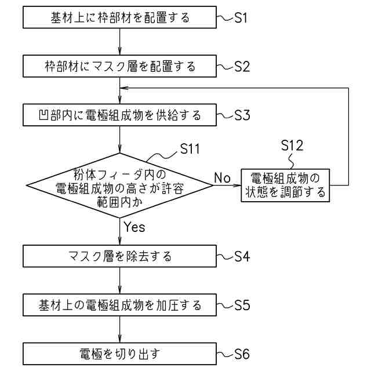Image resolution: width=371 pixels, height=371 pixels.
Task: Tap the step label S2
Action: pyautogui.click(x=242, y=66)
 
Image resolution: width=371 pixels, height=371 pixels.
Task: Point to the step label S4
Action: pyautogui.click(x=242, y=256)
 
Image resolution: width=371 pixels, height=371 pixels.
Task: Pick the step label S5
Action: pyautogui.click(x=242, y=305)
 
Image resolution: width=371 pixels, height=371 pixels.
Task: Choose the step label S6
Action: pyautogui.click(x=242, y=354)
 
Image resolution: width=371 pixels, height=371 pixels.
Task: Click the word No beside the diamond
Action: pyautogui.click(x=222, y=177)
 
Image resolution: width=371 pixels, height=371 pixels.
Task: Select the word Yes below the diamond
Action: pyautogui.click(x=134, y=227)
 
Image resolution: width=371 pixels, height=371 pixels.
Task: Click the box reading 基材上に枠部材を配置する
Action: pyautogui.click(x=119, y=18)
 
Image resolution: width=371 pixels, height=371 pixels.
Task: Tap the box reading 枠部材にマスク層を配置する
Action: pyautogui.click(x=119, y=67)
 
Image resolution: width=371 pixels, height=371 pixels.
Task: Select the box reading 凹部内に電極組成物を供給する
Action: pyautogui.click(x=119, y=115)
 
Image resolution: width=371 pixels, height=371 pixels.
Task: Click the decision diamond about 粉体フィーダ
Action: pyautogui.click(x=119, y=186)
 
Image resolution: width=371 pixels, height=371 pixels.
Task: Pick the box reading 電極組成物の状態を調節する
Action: pyautogui.click(x=285, y=185)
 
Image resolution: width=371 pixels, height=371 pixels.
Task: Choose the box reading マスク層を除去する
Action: pyautogui.click(x=119, y=256)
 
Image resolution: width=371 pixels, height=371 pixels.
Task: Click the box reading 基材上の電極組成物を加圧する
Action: pyautogui.click(x=119, y=305)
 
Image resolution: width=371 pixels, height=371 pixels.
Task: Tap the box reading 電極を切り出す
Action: pyautogui.click(x=119, y=354)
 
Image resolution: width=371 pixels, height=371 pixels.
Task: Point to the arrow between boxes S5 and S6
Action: pyautogui.click(x=119, y=329)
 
